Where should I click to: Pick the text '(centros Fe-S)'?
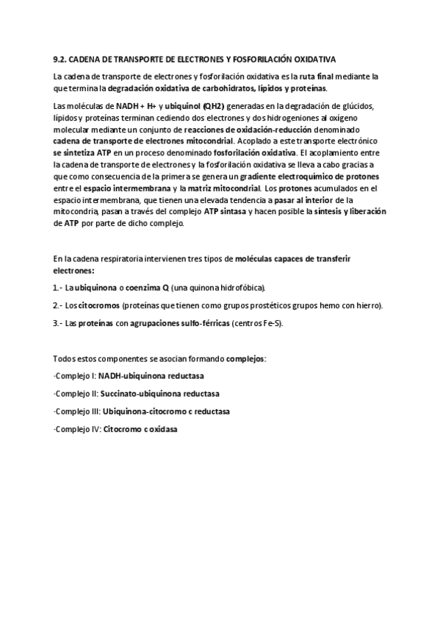(258, 322)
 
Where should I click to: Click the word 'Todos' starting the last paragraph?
(64, 358)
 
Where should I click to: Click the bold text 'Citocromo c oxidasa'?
(140, 428)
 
